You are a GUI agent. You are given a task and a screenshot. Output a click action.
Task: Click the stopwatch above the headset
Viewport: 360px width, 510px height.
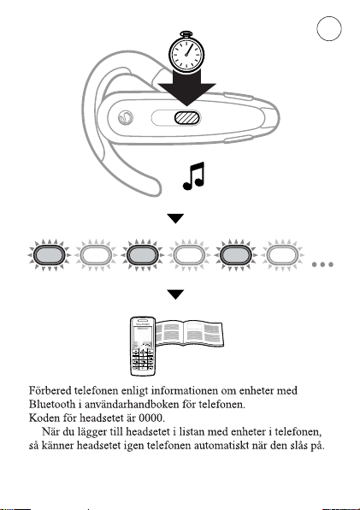tap(186, 52)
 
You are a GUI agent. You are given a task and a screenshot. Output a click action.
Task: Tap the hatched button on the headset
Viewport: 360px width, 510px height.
tap(186, 118)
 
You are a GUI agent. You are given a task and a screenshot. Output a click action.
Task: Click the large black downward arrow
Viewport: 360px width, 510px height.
tap(186, 88)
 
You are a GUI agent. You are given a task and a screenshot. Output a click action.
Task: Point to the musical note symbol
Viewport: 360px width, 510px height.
tap(194, 176)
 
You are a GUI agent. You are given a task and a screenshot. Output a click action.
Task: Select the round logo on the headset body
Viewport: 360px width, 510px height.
tap(126, 118)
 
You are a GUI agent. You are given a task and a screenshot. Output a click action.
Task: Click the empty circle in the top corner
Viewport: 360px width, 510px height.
tap(329, 28)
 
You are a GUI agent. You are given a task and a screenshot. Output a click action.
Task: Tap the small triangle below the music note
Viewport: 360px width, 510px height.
tap(176, 218)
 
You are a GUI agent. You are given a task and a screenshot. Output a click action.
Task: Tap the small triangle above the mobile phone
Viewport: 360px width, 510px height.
tap(176, 294)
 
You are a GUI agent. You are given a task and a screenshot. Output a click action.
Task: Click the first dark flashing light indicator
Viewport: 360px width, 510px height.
tap(49, 255)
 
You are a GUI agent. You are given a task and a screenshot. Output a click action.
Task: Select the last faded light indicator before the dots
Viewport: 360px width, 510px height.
tap(282, 255)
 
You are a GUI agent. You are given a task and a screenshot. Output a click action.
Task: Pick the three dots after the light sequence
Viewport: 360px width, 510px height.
tap(322, 264)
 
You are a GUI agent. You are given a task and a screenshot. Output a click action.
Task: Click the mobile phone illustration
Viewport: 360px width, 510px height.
tap(143, 346)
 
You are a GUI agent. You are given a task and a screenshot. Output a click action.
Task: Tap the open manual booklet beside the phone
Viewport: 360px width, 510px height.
tap(190, 333)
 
